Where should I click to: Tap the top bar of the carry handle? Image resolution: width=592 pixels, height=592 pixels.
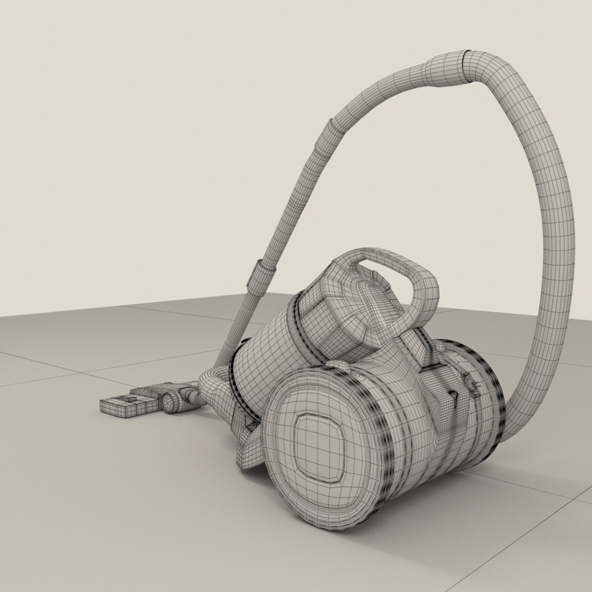point(384,258)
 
